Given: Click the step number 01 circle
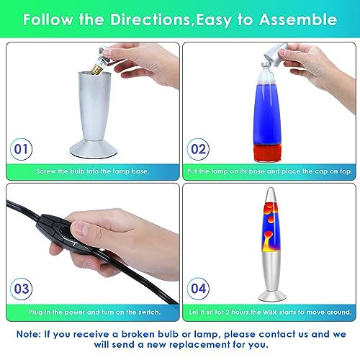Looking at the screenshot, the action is (21, 149).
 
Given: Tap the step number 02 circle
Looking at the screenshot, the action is (198, 149).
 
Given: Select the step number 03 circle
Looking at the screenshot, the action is (21, 289).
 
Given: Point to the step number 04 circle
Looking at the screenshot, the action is (198, 289).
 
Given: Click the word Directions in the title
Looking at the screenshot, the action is (150, 19).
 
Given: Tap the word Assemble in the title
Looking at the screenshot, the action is (298, 19).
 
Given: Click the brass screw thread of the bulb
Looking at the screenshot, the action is (96, 69).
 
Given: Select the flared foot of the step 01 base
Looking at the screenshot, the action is (94, 149).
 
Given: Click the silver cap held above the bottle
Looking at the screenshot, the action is (276, 55).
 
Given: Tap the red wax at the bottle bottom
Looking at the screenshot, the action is (267, 153).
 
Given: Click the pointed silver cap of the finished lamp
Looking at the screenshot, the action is (271, 195).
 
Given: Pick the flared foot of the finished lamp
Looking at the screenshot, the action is (272, 296).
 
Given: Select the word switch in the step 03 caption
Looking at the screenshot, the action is (148, 312).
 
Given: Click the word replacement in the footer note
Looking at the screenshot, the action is (189, 345).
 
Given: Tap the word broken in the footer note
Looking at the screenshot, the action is (138, 334).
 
